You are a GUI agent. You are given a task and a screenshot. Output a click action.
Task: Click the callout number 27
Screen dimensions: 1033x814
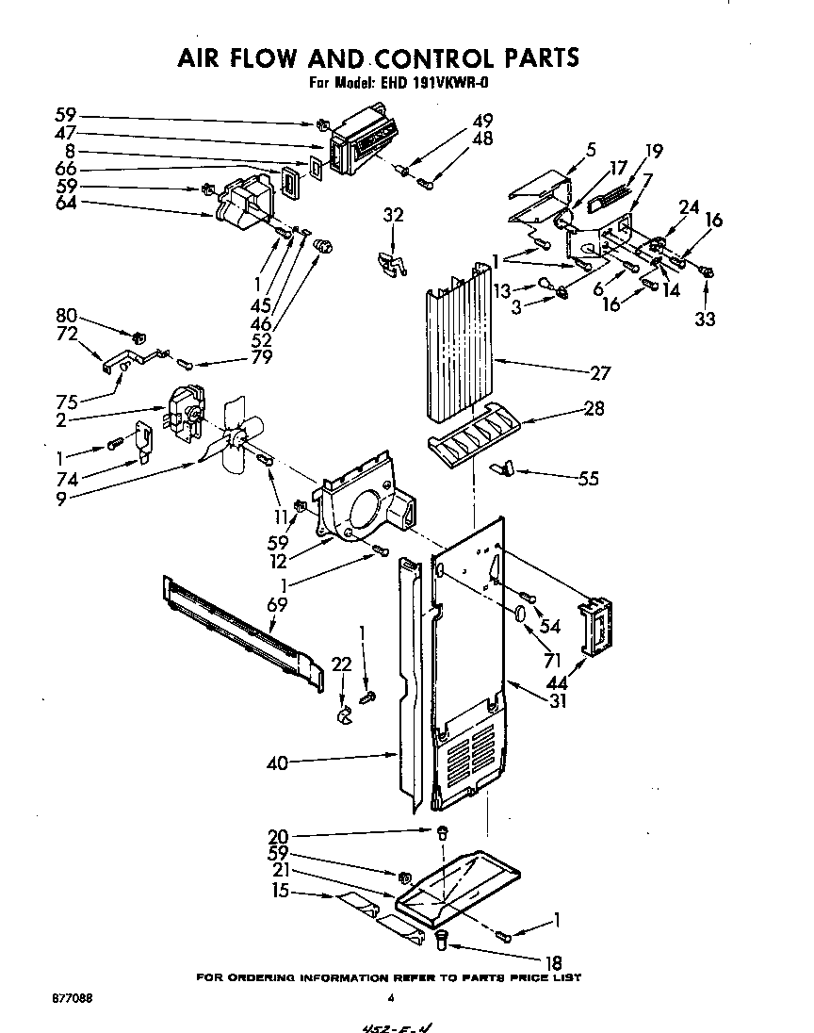pyautogui.click(x=599, y=372)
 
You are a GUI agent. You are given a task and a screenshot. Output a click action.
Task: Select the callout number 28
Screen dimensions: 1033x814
pyautogui.click(x=594, y=410)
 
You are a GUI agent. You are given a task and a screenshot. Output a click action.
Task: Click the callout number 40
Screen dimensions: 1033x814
pyautogui.click(x=277, y=763)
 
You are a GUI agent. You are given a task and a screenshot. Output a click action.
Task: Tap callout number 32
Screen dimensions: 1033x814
pyautogui.click(x=393, y=216)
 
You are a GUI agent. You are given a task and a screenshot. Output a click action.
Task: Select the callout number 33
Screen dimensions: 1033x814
pyautogui.click(x=705, y=320)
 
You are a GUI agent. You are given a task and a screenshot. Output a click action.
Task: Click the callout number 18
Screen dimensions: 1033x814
pyautogui.click(x=554, y=963)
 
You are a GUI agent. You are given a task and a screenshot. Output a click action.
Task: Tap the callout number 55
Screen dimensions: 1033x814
pyautogui.click(x=588, y=478)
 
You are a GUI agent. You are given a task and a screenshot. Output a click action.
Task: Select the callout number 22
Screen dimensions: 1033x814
pyautogui.click(x=343, y=665)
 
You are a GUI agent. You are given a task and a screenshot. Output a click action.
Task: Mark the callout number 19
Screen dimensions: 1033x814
pyautogui.click(x=653, y=150)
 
